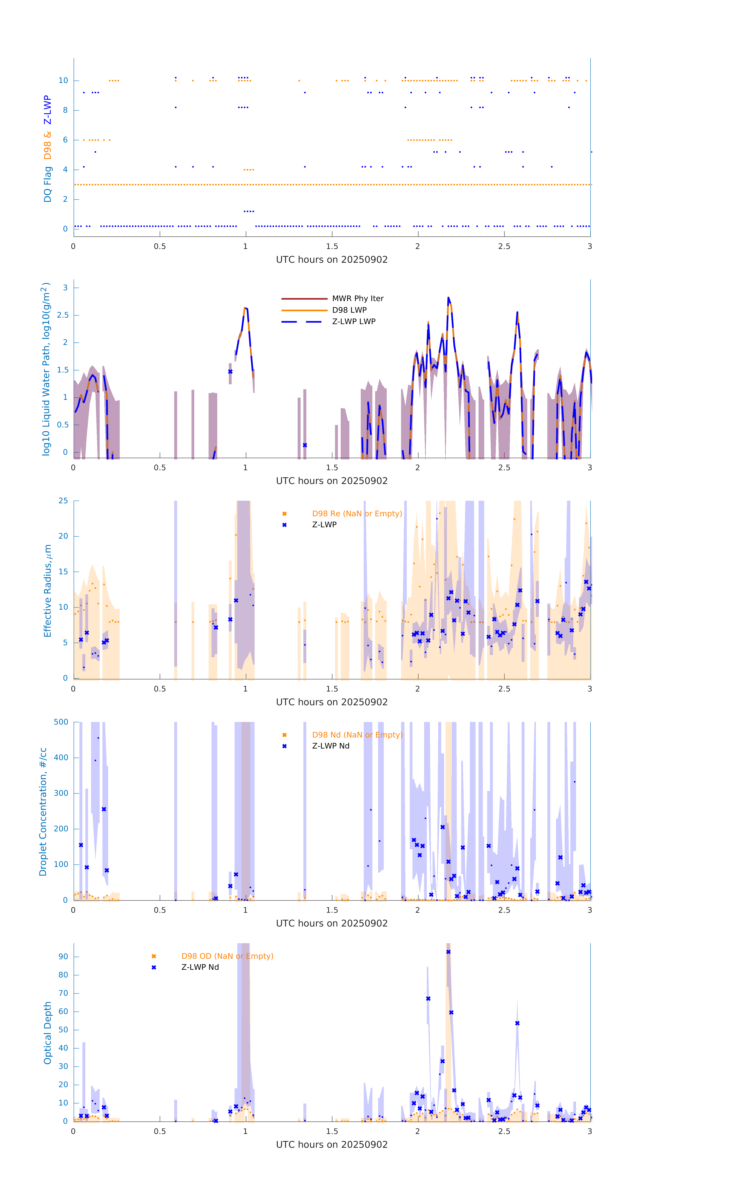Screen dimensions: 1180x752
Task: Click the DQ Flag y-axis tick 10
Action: pyautogui.click(x=63, y=80)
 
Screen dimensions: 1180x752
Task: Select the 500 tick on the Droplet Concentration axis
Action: pyautogui.click(x=61, y=722)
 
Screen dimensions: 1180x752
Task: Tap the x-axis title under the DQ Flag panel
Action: pyautogui.click(x=332, y=260)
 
